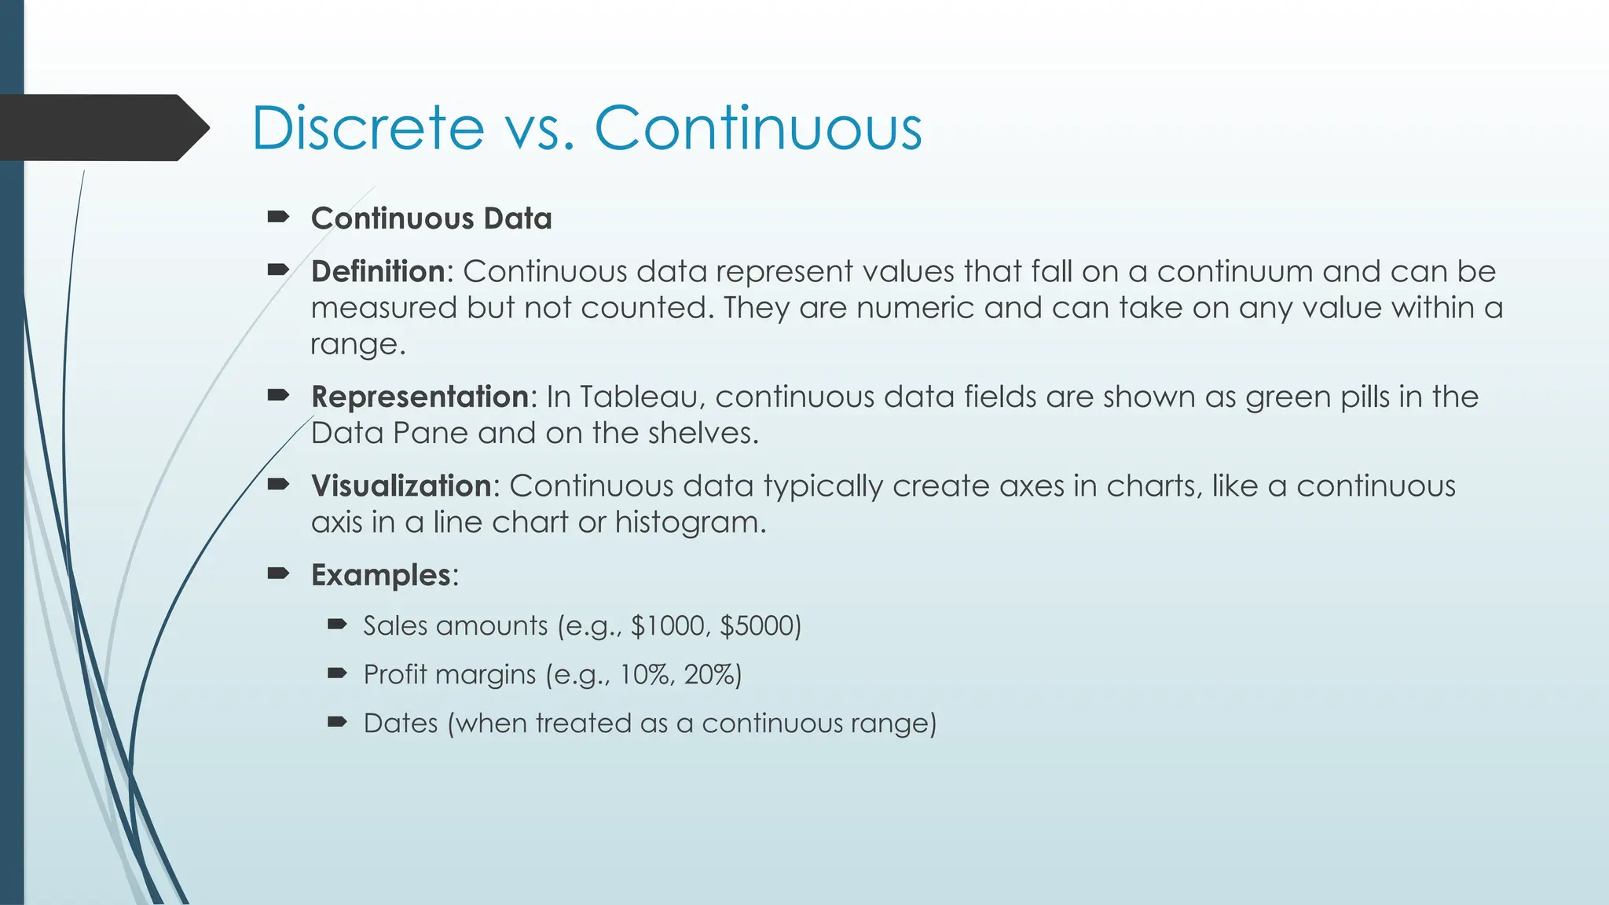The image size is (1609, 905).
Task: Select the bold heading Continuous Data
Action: (431, 218)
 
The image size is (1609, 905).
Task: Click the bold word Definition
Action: (378, 272)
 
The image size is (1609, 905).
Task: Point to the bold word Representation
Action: (420, 397)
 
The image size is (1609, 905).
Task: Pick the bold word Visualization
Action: (401, 486)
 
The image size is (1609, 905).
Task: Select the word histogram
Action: (688, 522)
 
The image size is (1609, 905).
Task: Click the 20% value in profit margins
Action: (712, 675)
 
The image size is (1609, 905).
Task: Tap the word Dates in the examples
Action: (401, 724)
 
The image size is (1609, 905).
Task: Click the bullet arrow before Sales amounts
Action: (337, 625)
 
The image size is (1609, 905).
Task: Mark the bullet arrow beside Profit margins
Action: (337, 674)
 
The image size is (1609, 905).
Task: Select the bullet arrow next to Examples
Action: (278, 574)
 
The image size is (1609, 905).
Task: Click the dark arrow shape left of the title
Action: (102, 128)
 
